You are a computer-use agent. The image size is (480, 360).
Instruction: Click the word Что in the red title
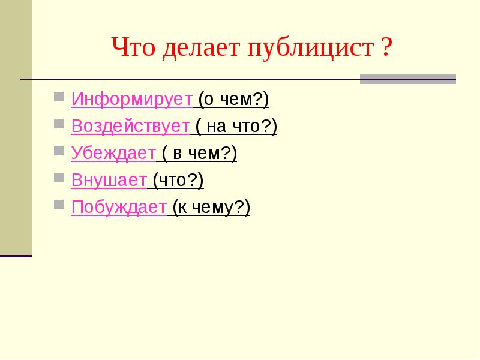point(133,47)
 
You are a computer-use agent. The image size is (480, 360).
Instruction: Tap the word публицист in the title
point(311,48)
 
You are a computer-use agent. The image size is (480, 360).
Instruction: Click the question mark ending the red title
point(387,47)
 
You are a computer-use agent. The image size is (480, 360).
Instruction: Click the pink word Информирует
point(132,100)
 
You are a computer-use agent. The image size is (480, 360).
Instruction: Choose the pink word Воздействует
point(130,126)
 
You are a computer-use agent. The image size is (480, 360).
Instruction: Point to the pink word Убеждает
point(113,153)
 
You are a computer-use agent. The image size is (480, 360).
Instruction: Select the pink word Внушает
point(109,180)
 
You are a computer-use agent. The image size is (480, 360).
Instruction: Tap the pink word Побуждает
point(119,207)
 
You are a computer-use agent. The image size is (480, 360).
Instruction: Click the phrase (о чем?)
point(233,100)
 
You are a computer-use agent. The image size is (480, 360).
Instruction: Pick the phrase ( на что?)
point(236,126)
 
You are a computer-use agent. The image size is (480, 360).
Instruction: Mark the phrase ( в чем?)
point(199,153)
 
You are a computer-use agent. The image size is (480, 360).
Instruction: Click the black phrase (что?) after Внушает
point(178,180)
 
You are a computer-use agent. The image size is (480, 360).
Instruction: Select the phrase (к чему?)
point(211,207)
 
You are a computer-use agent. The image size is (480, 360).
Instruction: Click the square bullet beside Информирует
point(59,97)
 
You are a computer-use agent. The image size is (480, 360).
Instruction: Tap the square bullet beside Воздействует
point(59,124)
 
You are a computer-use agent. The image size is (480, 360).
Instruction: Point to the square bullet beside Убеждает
point(59,151)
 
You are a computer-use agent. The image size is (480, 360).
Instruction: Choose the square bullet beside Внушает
point(59,178)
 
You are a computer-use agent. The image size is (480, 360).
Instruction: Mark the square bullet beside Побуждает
point(59,205)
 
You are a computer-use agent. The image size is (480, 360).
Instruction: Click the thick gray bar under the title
point(408,79)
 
